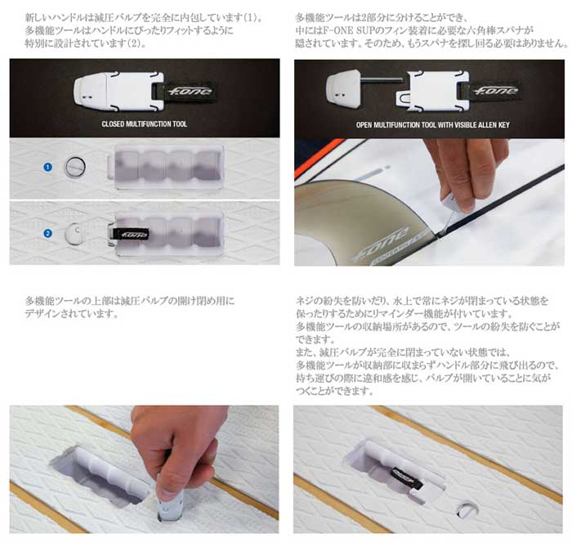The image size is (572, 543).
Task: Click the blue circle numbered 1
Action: (47, 167)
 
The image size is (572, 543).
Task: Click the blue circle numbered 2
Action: (47, 233)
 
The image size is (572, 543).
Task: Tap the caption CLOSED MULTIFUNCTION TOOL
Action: (145, 124)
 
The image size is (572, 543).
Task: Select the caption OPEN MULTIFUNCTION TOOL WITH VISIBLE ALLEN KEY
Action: (432, 125)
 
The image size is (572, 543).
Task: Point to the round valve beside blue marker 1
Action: (75, 166)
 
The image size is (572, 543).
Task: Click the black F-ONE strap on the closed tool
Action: (188, 91)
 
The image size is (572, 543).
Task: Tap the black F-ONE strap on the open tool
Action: (494, 91)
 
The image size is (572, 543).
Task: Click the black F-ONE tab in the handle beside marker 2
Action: (129, 234)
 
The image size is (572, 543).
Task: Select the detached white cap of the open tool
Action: (342, 90)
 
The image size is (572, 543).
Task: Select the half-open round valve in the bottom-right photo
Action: (467, 509)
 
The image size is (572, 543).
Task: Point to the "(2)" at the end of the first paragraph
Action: (136, 44)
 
